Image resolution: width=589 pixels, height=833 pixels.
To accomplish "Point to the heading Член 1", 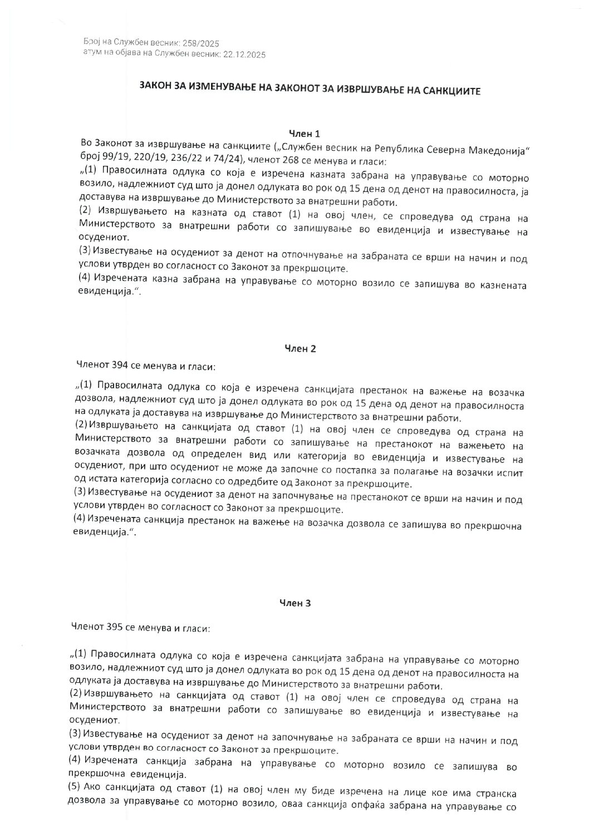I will pyautogui.click(x=304, y=134).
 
